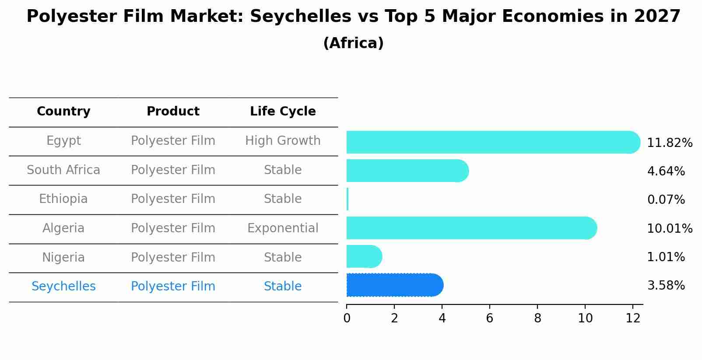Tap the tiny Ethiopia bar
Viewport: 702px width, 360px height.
pos(347,199)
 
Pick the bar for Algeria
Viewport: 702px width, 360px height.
pos(471,228)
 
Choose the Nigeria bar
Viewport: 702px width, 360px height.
pos(364,256)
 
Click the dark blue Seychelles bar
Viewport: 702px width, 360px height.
pos(394,285)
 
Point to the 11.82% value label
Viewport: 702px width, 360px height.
pos(670,143)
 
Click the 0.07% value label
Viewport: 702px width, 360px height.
pos(666,200)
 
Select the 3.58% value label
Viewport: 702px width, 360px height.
pos(666,286)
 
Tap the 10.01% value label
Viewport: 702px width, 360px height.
pos(670,229)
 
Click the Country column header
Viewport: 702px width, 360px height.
pos(63,112)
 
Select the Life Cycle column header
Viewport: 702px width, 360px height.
pos(283,112)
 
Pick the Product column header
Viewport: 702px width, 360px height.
pos(173,112)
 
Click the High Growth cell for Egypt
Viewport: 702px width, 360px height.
pos(283,141)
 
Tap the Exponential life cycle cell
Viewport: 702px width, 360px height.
pos(283,228)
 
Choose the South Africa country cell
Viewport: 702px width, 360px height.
pos(63,170)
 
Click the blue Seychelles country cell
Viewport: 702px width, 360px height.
pos(63,287)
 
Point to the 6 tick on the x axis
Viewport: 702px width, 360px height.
pos(490,318)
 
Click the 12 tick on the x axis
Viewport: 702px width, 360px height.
pos(633,318)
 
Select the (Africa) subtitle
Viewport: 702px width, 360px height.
pos(353,43)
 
